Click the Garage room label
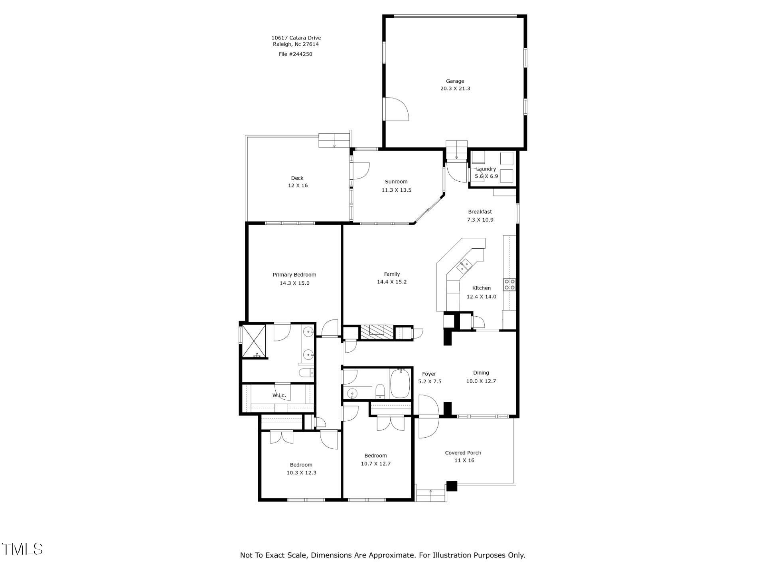(x=455, y=81)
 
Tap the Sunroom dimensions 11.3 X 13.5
(x=396, y=190)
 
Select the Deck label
(x=297, y=178)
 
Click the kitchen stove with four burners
(x=509, y=284)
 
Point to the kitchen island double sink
(x=464, y=266)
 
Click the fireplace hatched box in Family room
(x=377, y=332)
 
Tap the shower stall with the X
(x=254, y=341)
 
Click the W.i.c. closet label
(x=279, y=395)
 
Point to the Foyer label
(x=429, y=374)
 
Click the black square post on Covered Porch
(x=451, y=486)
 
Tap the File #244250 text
(x=295, y=54)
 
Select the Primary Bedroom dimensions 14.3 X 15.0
(x=294, y=283)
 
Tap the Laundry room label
(x=486, y=169)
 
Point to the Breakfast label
(x=480, y=212)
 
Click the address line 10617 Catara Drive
(x=296, y=38)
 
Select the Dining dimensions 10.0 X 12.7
(x=481, y=381)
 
